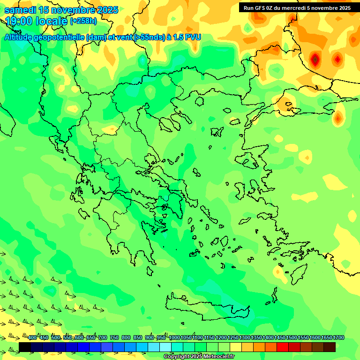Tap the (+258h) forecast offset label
point(83,21)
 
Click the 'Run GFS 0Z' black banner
point(296,7)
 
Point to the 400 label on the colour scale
point(32,338)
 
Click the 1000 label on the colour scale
point(174,338)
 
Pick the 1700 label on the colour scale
point(338,338)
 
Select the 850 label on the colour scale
point(138,338)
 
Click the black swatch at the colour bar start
point(25,347)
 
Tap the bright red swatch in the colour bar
point(283,347)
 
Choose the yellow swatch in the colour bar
point(236,347)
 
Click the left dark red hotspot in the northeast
point(315,59)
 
